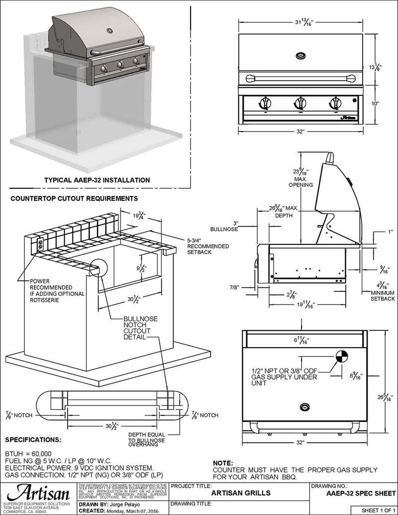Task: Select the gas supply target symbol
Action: coord(342,357)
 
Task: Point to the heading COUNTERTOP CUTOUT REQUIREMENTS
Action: coord(74,198)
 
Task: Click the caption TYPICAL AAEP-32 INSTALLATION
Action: coord(97,179)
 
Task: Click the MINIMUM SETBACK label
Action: coord(383,295)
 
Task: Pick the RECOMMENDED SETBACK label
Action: coord(208,249)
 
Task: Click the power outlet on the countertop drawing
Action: coord(40,246)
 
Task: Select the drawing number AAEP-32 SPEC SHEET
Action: coord(353,494)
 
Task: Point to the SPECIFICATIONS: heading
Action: coord(33,440)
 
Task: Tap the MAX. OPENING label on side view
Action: coord(300,181)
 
